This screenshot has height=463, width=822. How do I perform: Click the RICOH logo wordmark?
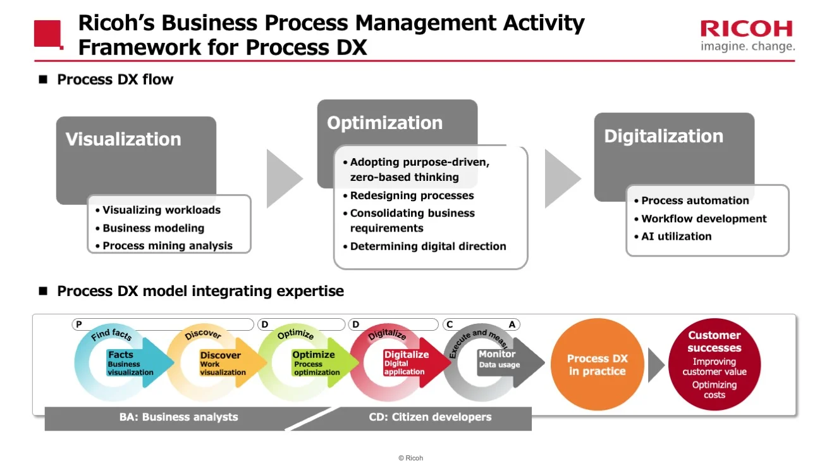pyautogui.click(x=746, y=29)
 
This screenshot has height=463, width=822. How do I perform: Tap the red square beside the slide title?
pyautogui.click(x=48, y=34)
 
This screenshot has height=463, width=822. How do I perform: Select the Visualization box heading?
pyautogui.click(x=123, y=139)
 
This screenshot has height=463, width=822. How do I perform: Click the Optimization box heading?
pyautogui.click(x=384, y=123)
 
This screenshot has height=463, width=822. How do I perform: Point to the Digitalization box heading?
pyautogui.click(x=663, y=136)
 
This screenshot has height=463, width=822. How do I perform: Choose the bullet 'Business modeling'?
pyautogui.click(x=153, y=228)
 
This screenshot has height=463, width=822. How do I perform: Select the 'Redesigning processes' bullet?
pyautogui.click(x=412, y=195)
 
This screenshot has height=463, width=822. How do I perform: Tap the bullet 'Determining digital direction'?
pyautogui.click(x=428, y=246)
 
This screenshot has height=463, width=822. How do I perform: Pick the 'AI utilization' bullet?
pyautogui.click(x=676, y=236)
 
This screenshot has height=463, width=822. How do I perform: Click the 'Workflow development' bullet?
pyautogui.click(x=704, y=218)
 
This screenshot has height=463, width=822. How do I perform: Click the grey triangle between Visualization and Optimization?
pyautogui.click(x=283, y=178)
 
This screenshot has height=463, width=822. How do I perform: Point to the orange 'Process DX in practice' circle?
pyautogui.click(x=597, y=365)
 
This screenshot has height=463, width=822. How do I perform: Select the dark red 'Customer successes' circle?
pyautogui.click(x=714, y=365)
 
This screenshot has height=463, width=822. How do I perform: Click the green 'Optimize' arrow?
pyautogui.click(x=319, y=362)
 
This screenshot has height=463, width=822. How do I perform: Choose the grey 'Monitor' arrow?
pyautogui.click(x=506, y=362)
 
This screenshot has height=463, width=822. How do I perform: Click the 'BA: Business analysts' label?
pyautogui.click(x=178, y=417)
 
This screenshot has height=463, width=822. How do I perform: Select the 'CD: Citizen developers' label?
pyautogui.click(x=430, y=417)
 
